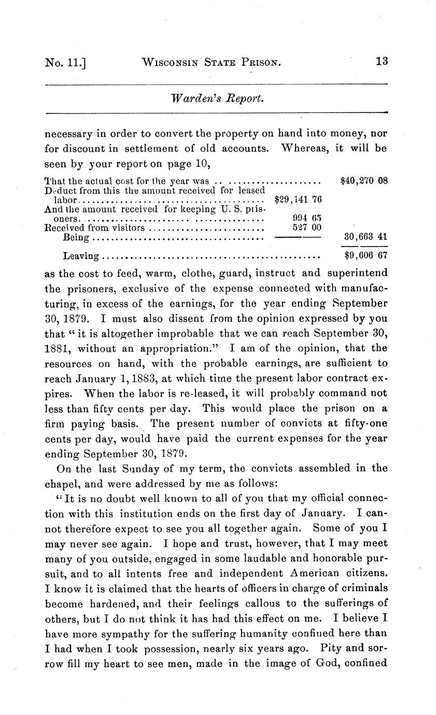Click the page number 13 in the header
click(x=382, y=61)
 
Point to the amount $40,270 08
click(x=364, y=181)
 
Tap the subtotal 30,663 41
click(x=365, y=237)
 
